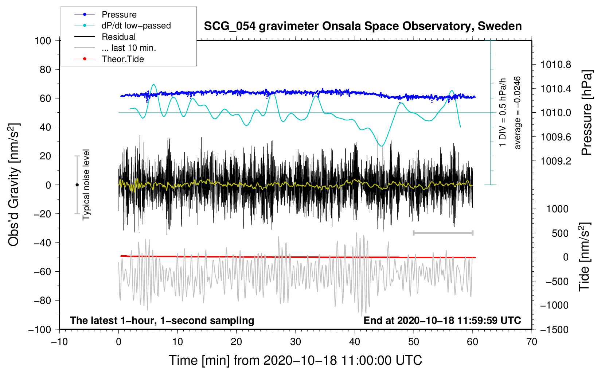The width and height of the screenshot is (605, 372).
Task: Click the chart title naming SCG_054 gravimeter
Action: pyautogui.click(x=363, y=26)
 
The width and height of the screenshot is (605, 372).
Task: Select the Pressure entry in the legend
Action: pyautogui.click(x=119, y=15)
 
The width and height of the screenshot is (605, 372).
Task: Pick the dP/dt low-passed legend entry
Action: pyautogui.click(x=136, y=26)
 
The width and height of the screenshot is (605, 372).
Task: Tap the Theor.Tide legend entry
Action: pyautogui.click(x=122, y=59)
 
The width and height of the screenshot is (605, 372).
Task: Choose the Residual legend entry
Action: pyautogui.click(x=118, y=37)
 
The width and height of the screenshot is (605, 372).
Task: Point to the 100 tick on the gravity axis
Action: pyautogui.click(x=43, y=40)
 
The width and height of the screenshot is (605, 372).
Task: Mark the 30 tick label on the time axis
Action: pyautogui.click(x=296, y=342)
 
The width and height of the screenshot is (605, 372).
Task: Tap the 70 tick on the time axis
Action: pyautogui.click(x=532, y=342)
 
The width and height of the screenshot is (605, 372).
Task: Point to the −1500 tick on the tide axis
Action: pyautogui.click(x=554, y=330)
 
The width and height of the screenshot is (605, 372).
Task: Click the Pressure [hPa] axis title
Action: pyautogui.click(x=587, y=113)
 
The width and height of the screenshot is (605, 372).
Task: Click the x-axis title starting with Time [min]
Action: pyautogui.click(x=295, y=360)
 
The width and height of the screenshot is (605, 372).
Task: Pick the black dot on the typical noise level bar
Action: pyautogui.click(x=77, y=185)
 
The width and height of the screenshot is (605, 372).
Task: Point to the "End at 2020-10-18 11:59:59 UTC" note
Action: pyautogui.click(x=442, y=321)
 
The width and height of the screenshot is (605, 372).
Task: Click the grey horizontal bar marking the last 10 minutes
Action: pyautogui.click(x=443, y=233)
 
